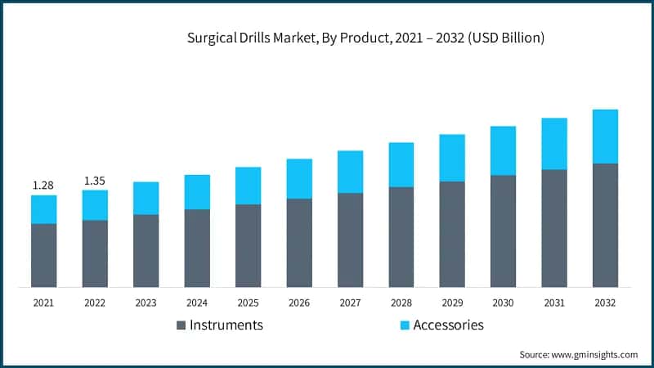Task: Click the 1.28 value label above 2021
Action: pos(43,186)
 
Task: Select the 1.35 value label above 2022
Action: pos(95,181)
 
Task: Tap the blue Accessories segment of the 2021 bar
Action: pos(43,209)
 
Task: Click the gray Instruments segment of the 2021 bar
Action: pos(43,255)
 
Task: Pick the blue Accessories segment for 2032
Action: pos(605,137)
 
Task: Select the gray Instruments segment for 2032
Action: pos(605,225)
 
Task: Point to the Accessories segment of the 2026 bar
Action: pos(299,178)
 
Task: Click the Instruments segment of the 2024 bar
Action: pos(197,248)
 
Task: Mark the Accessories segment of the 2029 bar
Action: pos(452,158)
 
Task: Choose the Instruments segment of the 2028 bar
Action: pos(401,237)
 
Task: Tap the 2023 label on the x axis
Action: pos(146,303)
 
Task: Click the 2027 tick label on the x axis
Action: pos(350,303)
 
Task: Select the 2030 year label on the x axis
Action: pos(503,303)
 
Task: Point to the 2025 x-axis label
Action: pos(248,303)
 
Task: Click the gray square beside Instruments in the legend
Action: pos(181,325)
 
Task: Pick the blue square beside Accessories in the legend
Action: pos(405,325)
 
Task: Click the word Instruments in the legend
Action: pos(226,325)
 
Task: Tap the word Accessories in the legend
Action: pos(449,325)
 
